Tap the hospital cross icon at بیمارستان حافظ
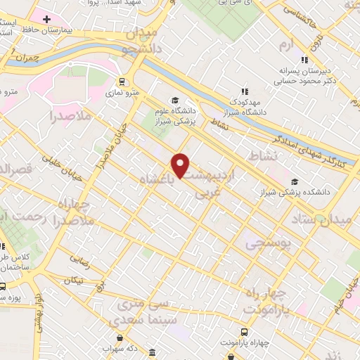click(x=46, y=19)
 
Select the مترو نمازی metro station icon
click(x=122, y=81)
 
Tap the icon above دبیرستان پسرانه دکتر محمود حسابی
click(x=305, y=60)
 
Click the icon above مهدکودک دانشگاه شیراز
click(x=245, y=91)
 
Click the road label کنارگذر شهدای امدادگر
click(x=316, y=141)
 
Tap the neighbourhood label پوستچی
click(x=264, y=243)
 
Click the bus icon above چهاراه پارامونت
click(x=244, y=331)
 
